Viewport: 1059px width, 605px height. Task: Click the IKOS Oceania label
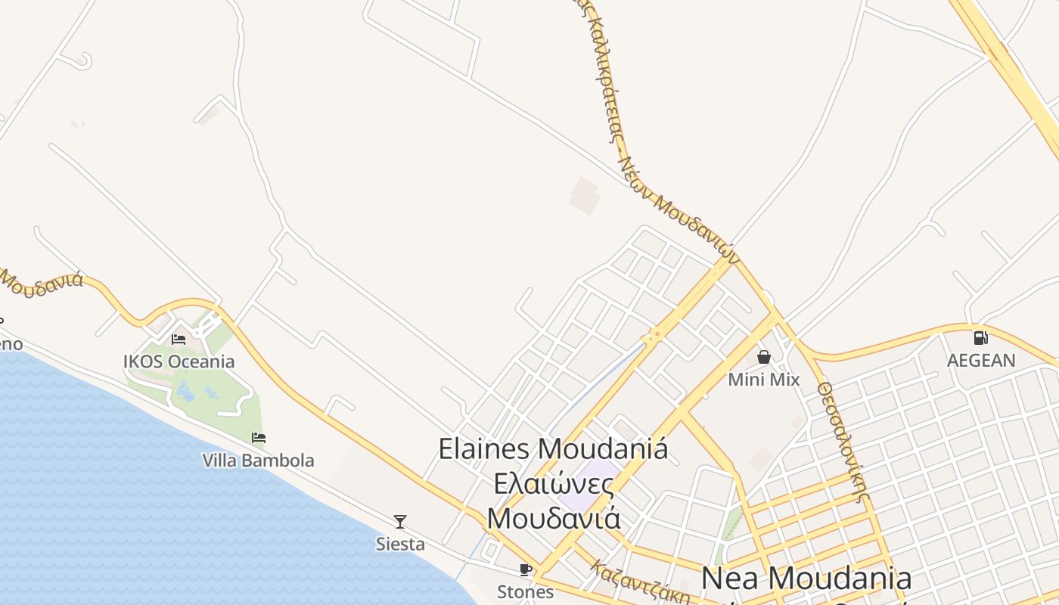(179, 361)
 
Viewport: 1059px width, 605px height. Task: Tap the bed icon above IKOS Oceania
(179, 339)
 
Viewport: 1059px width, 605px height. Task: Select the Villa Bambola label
(258, 460)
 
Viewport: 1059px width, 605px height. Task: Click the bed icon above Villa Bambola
(258, 437)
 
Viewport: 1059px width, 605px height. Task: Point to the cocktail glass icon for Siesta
(400, 521)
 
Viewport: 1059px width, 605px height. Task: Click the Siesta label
(400, 544)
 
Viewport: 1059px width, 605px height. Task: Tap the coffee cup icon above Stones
(526, 569)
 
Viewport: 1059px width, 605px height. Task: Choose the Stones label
(526, 591)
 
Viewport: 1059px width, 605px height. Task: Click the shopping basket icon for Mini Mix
(764, 356)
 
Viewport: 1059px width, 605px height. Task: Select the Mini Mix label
(764, 379)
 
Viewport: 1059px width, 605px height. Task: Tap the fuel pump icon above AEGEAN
(980, 337)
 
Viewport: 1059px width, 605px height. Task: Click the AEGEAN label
(981, 360)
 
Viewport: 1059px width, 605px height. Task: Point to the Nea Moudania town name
(806, 579)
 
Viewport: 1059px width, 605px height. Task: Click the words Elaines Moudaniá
(553, 448)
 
